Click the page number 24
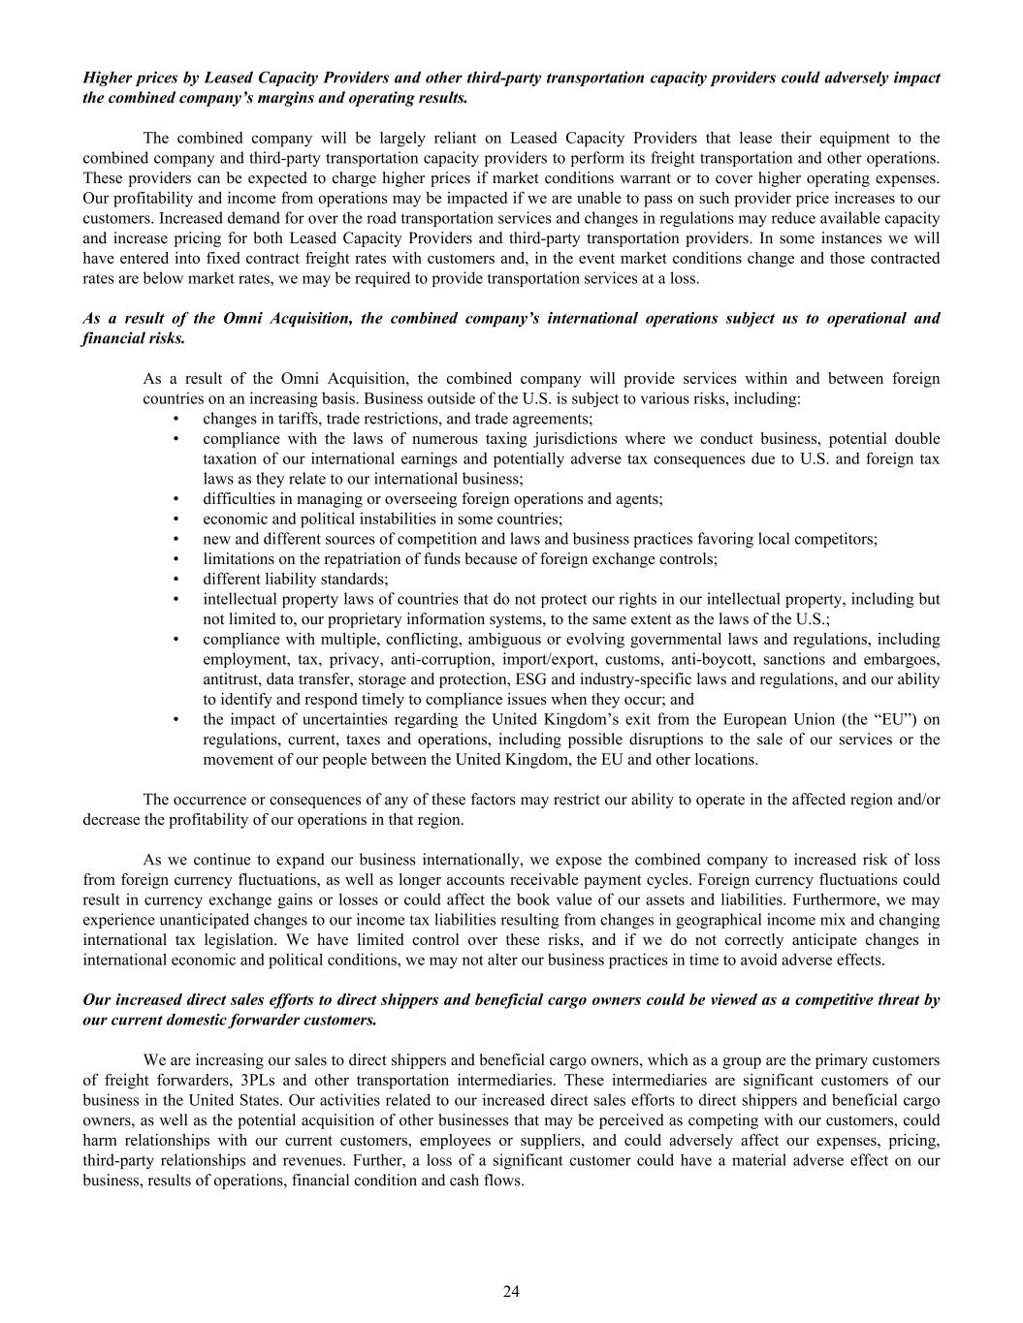point(511,1291)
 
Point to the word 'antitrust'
point(230,679)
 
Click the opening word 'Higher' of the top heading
point(108,78)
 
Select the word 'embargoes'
point(904,659)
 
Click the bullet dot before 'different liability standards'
point(176,580)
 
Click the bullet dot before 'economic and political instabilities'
point(176,520)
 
